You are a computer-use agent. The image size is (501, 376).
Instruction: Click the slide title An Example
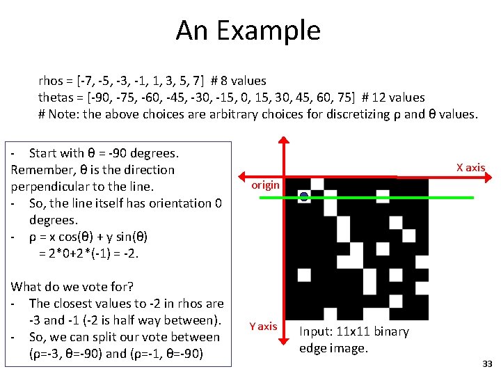pyautogui.click(x=248, y=31)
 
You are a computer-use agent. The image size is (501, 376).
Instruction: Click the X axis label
pyautogui.click(x=470, y=167)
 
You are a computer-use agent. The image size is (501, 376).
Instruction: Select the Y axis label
pyautogui.click(x=263, y=326)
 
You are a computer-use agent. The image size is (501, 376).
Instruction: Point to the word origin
pyautogui.click(x=265, y=185)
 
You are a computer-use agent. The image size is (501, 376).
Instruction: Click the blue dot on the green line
pyautogui.click(x=304, y=197)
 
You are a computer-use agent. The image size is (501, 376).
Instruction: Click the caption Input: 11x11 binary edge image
pyautogui.click(x=353, y=340)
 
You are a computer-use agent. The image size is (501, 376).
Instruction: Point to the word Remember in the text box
pyautogui.click(x=41, y=170)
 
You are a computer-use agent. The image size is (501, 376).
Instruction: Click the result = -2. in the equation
pyautogui.click(x=125, y=253)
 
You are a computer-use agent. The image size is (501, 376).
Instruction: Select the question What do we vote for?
pyautogui.click(x=72, y=287)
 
